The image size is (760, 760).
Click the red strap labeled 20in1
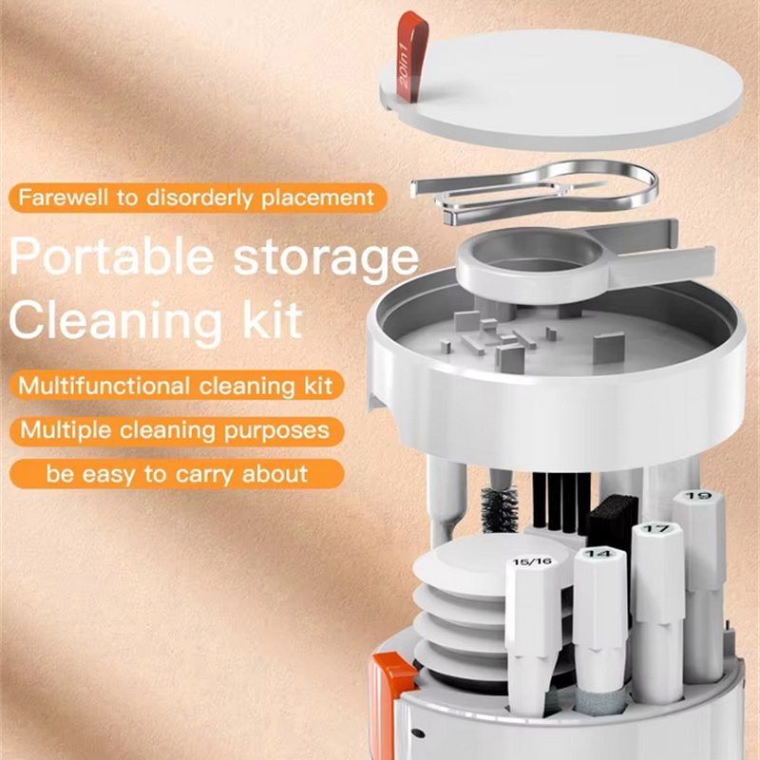[x=412, y=56]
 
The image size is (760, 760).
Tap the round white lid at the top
[x=561, y=89]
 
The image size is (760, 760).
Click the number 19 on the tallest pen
[x=698, y=496]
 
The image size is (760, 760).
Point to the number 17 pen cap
[x=657, y=529]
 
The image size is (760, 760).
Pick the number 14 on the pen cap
[x=598, y=553]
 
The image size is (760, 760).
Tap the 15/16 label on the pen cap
[x=532, y=561]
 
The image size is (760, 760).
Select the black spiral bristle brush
[x=500, y=509]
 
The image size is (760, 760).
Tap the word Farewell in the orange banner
[x=63, y=198]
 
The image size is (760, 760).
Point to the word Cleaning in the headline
[x=116, y=321]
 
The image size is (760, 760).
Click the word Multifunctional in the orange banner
[x=104, y=387]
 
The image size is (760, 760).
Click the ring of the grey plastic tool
[x=531, y=264]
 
